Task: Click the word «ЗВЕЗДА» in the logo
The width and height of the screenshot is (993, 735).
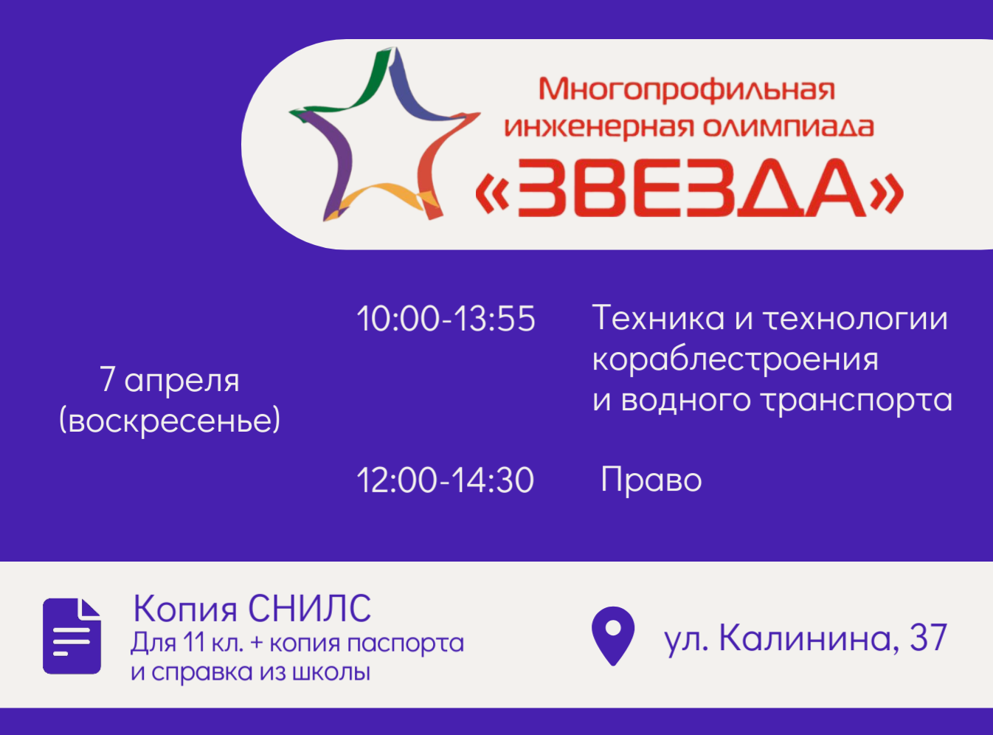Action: point(690,187)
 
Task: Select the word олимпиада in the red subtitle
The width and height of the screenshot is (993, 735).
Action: point(788,127)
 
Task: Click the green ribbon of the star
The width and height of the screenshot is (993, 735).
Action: point(349,85)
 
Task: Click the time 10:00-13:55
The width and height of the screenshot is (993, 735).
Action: point(446,319)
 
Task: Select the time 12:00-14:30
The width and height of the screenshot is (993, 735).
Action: point(446,480)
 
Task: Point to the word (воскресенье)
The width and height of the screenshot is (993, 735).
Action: point(170,420)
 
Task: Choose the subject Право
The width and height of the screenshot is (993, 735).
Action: point(651,480)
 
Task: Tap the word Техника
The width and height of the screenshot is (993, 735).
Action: point(658,317)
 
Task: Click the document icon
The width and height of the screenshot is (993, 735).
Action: point(72,636)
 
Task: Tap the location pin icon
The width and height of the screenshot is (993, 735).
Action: point(613,636)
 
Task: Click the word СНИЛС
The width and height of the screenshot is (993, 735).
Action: point(310,608)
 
